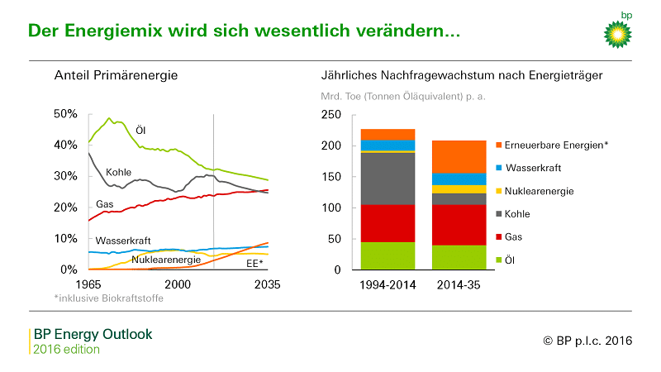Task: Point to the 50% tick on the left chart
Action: click(65, 113)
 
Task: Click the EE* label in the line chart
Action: click(254, 263)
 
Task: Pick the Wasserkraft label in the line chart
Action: click(122, 241)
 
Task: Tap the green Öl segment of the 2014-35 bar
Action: click(459, 257)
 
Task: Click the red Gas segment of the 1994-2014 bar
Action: click(388, 223)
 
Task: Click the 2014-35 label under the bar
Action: click(459, 284)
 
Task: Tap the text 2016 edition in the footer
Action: click(66, 349)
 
